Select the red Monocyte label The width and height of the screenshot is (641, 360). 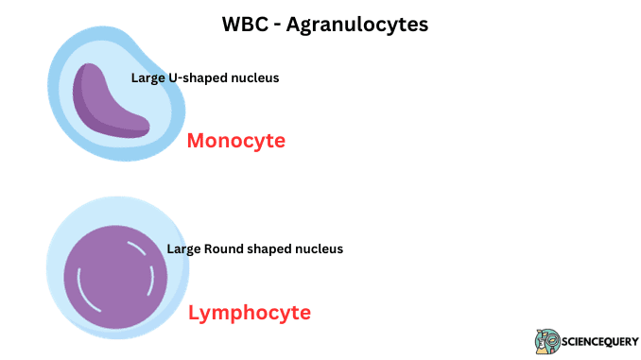(x=235, y=141)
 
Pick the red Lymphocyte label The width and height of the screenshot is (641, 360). (x=249, y=312)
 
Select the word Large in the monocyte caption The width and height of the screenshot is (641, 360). (x=147, y=77)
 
